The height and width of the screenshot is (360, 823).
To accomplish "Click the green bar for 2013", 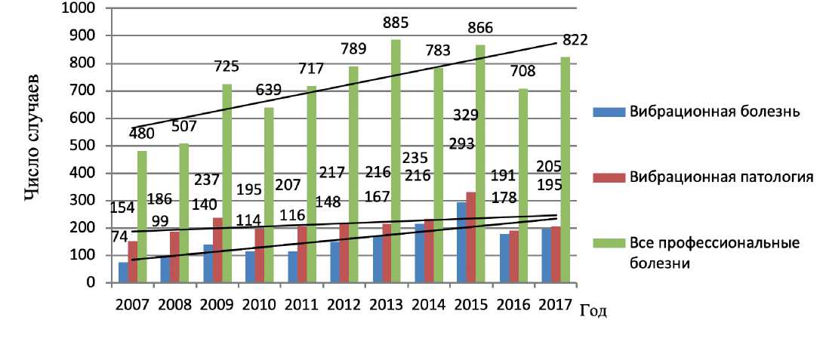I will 396,162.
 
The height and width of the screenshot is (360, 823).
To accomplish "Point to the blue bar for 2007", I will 123,272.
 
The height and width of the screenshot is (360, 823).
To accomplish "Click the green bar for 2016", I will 522,186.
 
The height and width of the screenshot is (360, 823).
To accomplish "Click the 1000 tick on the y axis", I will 84,8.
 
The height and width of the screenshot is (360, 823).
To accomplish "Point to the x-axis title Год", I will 593,309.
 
